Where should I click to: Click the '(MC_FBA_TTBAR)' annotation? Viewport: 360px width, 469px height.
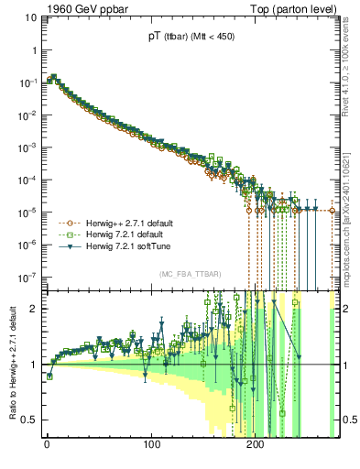190,275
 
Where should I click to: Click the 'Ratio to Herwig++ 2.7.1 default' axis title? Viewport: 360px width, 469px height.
12,364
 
